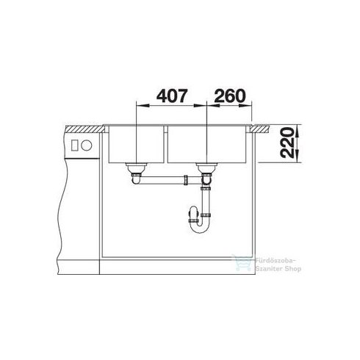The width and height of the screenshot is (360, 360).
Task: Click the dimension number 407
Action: pos(172,96)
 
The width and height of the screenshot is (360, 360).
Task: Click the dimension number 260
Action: pos(230,96)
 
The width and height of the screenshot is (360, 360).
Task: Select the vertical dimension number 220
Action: pos(287,143)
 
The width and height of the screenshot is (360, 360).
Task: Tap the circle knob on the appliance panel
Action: pos(86,145)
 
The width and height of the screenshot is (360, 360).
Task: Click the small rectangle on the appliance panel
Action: pos(74,145)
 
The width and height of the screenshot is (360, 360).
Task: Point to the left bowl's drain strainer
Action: pos(136,168)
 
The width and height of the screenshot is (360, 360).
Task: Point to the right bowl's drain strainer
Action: pos(206,168)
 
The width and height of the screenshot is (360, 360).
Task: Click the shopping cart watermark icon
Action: pos(242,262)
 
